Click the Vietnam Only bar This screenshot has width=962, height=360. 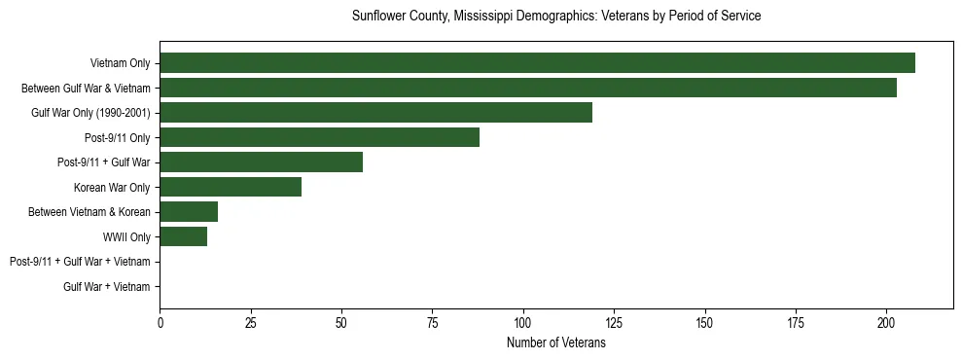pos(537,63)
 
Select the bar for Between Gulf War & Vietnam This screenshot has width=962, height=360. pos(528,88)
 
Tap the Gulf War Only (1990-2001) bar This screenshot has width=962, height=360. pos(375,113)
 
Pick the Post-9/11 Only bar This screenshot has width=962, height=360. pos(319,137)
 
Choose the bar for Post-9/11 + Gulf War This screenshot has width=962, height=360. pos(261,162)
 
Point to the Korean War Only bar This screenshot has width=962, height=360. pos(231,187)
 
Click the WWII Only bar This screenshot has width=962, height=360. pos(183,236)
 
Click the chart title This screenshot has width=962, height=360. pos(556,17)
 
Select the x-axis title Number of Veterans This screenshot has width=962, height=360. pos(556,342)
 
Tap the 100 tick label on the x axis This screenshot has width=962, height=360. pos(523,322)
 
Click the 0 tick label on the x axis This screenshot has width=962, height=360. pos(160,322)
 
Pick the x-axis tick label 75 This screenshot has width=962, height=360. pos(432,322)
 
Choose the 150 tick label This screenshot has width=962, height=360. pos(704,322)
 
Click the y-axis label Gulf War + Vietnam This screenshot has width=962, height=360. pos(107,286)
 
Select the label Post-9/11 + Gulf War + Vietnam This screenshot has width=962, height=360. pos(80,262)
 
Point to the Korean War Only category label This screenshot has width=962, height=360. pos(112,187)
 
